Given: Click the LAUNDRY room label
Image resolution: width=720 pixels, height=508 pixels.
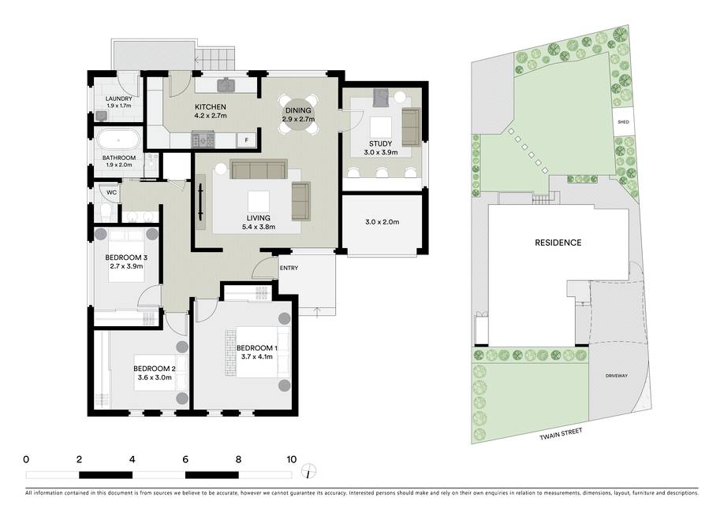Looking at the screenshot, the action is point(118,98).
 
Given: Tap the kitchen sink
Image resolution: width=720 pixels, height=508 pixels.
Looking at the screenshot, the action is point(226,84).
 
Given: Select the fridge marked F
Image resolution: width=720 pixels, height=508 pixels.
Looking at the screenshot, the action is point(247,140).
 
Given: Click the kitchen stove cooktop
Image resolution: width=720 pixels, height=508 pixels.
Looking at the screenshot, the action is point(203,139).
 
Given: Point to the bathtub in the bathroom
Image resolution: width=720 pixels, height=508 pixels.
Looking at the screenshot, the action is point(118,140).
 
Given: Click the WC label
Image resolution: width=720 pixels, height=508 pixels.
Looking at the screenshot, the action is point(111,192).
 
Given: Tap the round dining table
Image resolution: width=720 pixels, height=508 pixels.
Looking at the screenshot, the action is point(297,114).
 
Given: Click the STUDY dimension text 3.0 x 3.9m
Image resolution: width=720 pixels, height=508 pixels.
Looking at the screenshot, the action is point(381,152).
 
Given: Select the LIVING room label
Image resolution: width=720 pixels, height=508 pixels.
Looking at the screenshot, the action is point(258,218).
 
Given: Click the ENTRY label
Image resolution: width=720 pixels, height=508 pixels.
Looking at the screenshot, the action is point(289,268).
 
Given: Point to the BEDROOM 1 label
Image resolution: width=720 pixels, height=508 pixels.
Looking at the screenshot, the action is point(256,348).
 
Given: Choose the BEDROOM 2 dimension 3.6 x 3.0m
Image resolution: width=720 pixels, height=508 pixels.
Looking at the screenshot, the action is point(155,377).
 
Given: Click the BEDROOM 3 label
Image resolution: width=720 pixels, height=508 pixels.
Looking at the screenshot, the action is point(126,258).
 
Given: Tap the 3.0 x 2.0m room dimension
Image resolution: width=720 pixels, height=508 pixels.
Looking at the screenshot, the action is point(382,222).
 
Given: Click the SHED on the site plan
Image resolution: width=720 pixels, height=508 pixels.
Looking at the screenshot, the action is point(623,122).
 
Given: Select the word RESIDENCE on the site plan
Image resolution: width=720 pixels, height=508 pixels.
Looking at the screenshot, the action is point(558,243).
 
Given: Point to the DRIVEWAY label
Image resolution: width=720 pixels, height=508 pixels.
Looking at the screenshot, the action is point(616,376).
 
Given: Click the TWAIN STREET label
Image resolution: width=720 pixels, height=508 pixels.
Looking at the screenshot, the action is point(561,434).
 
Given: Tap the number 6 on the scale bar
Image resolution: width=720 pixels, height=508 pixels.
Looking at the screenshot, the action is point(185,459).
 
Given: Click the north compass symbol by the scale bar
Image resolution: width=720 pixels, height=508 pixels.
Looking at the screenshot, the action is point(309,471).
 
